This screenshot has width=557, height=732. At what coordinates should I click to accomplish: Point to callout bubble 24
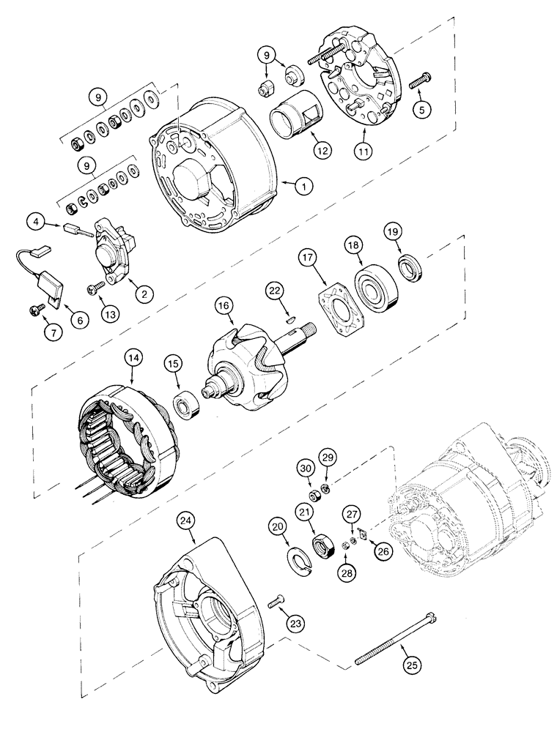188,521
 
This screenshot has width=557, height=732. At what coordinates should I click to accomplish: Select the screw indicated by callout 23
276,602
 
